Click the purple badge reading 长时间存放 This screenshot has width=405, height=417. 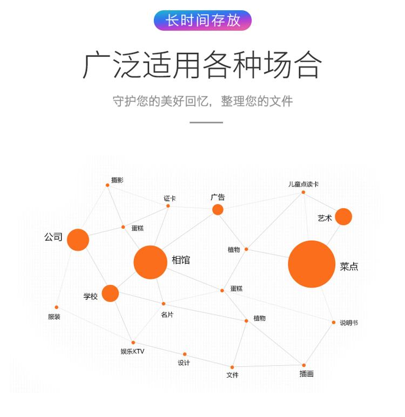pyautogui.click(x=202, y=20)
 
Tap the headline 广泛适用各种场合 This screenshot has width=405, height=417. pyautogui.click(x=202, y=65)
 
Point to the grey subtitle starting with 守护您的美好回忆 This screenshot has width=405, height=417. pyautogui.click(x=202, y=101)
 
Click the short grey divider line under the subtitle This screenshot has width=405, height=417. pyautogui.click(x=206, y=122)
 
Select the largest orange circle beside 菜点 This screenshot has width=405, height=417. pyautogui.click(x=312, y=264)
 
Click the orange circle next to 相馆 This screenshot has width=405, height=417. pyautogui.click(x=150, y=262)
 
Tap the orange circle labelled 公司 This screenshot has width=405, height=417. pyautogui.click(x=78, y=240)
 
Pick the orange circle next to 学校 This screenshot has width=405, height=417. pyautogui.click(x=110, y=293)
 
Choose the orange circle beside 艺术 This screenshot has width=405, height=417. pyautogui.click(x=343, y=217)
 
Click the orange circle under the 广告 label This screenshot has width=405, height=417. pyautogui.click(x=218, y=210)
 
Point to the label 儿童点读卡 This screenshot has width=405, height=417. pyautogui.click(x=303, y=184)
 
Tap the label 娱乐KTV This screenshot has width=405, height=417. pyautogui.click(x=132, y=352)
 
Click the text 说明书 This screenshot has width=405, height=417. pyautogui.click(x=349, y=323)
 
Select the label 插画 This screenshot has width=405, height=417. pyautogui.click(x=307, y=374)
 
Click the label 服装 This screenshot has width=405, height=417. pyautogui.click(x=54, y=317)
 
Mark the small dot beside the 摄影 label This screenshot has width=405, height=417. pyautogui.click(x=107, y=185)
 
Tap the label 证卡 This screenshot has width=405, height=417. pyautogui.click(x=170, y=198)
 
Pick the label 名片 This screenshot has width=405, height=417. pyautogui.click(x=167, y=315)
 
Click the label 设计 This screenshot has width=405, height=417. pyautogui.click(x=184, y=363)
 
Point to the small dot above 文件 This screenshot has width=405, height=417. pyautogui.click(x=232, y=367)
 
